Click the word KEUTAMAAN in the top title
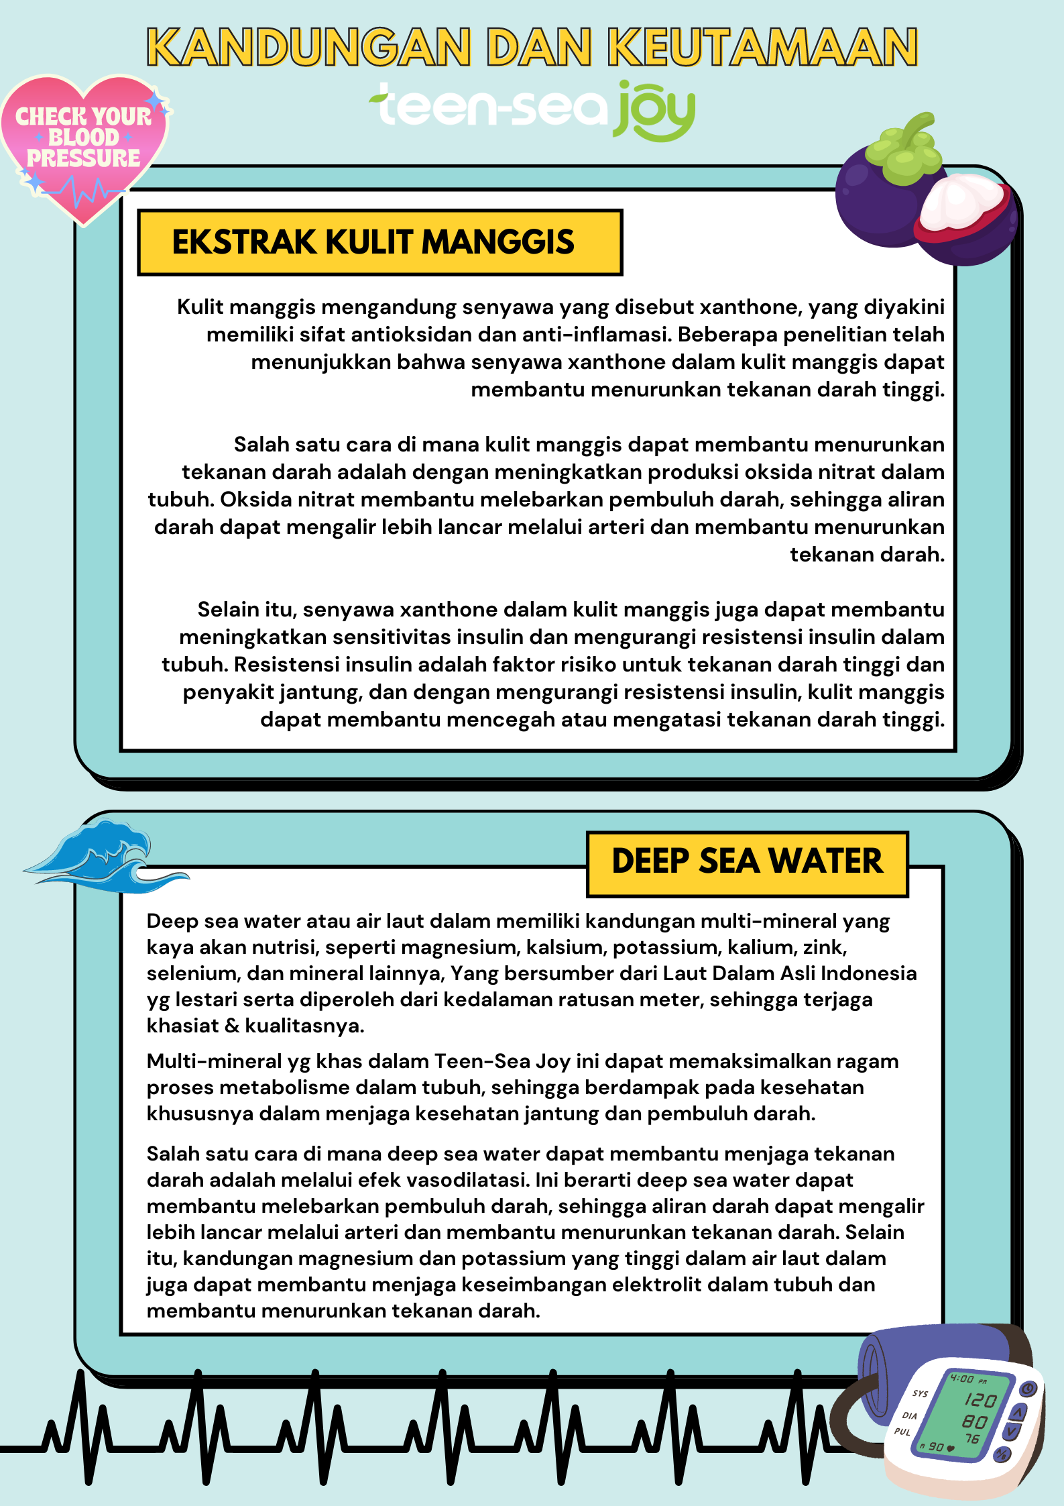click(762, 47)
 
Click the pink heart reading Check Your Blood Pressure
click(83, 144)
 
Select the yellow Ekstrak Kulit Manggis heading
click(379, 242)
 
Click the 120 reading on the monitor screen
click(980, 1400)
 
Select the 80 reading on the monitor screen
click(974, 1421)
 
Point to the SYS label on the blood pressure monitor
click(920, 1394)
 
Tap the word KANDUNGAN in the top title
click(309, 47)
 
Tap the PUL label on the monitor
click(902, 1432)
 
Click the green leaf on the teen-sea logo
click(381, 99)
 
